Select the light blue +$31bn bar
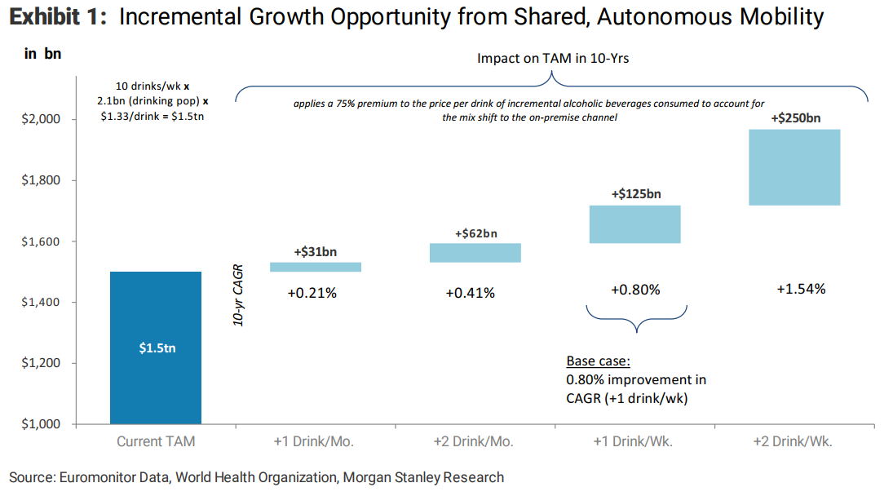[315, 267]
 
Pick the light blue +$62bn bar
[476, 253]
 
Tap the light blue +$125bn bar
[635, 224]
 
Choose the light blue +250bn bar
[795, 167]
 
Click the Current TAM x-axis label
[156, 442]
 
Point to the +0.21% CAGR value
[312, 293]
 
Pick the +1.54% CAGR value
[801, 289]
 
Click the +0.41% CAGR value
[470, 293]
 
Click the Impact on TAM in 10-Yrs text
[553, 59]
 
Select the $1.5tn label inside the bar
[157, 348]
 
